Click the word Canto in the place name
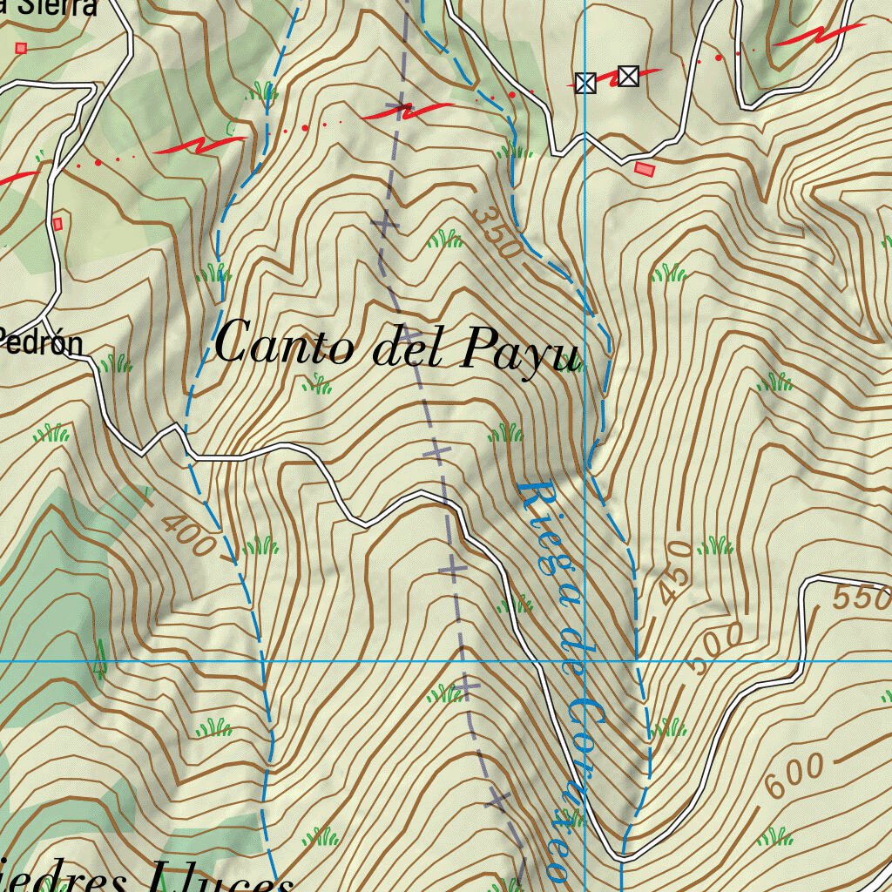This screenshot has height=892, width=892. (284, 344)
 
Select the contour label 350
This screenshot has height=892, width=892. (498, 233)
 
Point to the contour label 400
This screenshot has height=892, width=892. (188, 534)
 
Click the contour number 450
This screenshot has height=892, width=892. (673, 571)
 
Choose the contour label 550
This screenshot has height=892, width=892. (862, 598)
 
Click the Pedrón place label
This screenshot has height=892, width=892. (42, 341)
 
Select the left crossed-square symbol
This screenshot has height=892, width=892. (585, 83)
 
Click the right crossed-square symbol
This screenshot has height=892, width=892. (628, 77)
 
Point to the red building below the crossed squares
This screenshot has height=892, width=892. (645, 168)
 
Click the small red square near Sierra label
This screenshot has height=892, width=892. (21, 48)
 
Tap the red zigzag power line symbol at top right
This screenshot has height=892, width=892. (819, 35)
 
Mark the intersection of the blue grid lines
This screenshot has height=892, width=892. (585, 661)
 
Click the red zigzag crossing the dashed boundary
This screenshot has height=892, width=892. (406, 111)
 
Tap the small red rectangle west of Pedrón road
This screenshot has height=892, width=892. (57, 224)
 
